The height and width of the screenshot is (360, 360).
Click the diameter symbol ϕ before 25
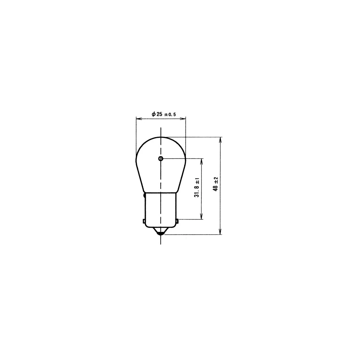[x=154, y=114]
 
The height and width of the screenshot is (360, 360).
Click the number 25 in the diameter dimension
[x=159, y=114]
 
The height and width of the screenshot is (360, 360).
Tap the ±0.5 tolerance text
[x=170, y=115]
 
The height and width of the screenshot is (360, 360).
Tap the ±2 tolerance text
[x=216, y=181]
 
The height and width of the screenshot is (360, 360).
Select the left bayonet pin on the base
[x=144, y=221]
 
